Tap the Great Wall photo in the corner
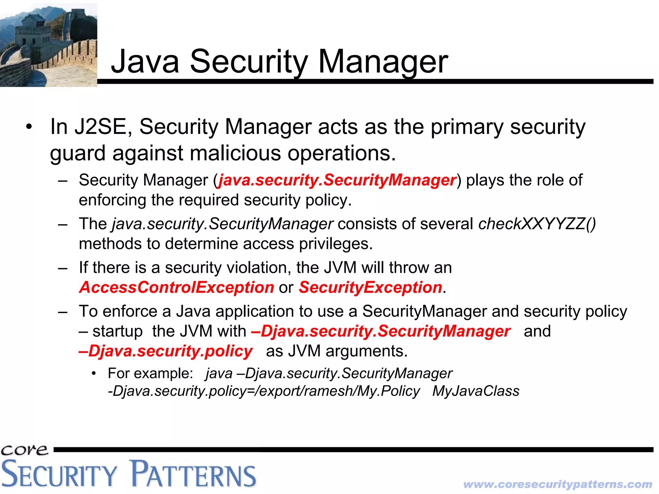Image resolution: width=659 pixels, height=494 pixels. [x=48, y=44]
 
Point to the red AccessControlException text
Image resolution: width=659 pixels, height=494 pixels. [x=177, y=287]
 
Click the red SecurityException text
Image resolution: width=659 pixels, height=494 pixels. [x=370, y=287]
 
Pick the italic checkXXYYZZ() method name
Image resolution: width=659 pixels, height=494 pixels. [x=537, y=224]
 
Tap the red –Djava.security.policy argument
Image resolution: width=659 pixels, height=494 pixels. [x=166, y=351]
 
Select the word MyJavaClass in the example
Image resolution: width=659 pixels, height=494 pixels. [x=476, y=391]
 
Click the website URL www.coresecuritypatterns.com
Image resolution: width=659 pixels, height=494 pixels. [x=558, y=484]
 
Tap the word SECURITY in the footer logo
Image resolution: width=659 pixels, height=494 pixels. [x=59, y=473]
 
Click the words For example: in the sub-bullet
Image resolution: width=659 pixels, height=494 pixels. [x=150, y=374]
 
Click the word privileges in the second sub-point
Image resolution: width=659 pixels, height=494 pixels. [x=336, y=244]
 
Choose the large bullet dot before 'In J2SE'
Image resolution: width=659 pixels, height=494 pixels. [x=29, y=127]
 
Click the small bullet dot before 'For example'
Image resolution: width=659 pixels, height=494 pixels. [x=94, y=374]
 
